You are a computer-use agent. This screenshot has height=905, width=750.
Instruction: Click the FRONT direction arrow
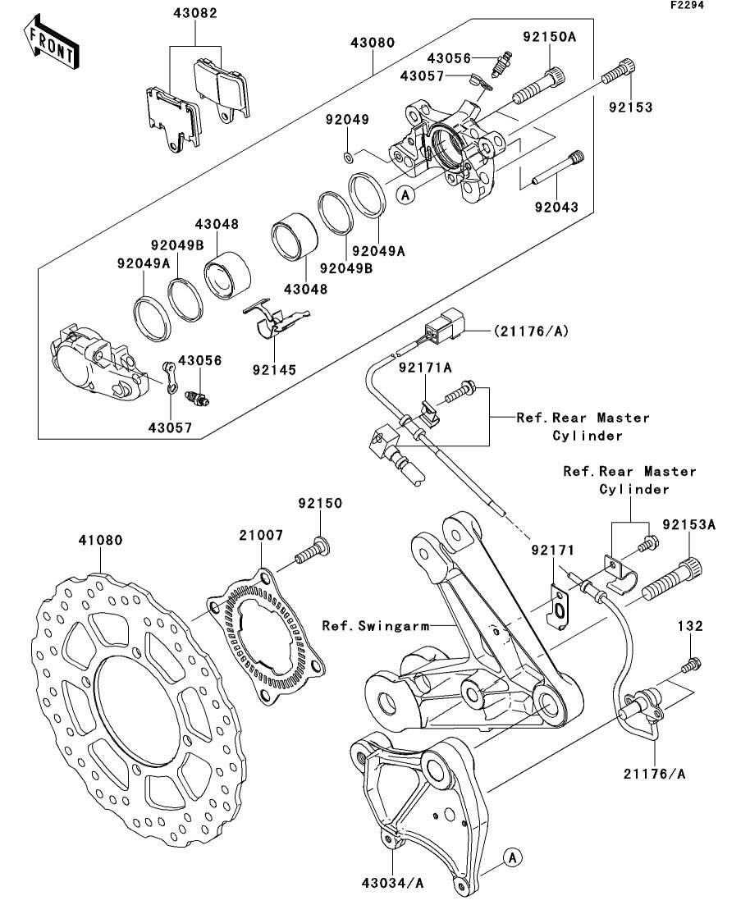click(x=52, y=44)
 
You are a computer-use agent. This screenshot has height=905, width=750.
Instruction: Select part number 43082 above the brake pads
click(x=195, y=14)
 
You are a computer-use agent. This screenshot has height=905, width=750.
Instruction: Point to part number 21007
click(x=261, y=535)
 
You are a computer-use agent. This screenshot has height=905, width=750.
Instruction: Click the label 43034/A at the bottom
click(x=391, y=883)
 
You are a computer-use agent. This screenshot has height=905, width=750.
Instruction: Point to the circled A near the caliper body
click(x=404, y=195)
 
